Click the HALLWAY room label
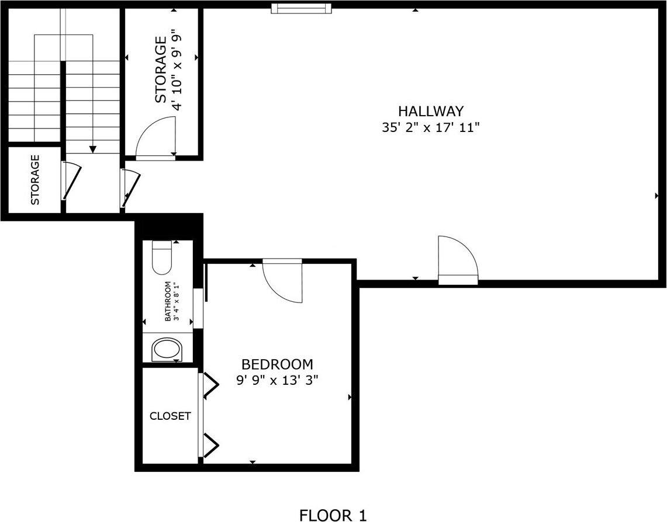coord(431,111)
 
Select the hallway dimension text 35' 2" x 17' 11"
coord(431,128)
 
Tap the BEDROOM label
coord(277,364)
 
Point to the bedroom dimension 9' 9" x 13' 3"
coord(277,380)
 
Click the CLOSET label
coord(170,416)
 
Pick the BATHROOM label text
coord(168,301)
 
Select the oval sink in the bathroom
coord(168,350)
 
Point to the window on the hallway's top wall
coord(302,8)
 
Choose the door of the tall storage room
coord(156,138)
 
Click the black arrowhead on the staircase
coord(92,149)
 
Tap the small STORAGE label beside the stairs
coord(35,180)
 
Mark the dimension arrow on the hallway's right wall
coord(656,196)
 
